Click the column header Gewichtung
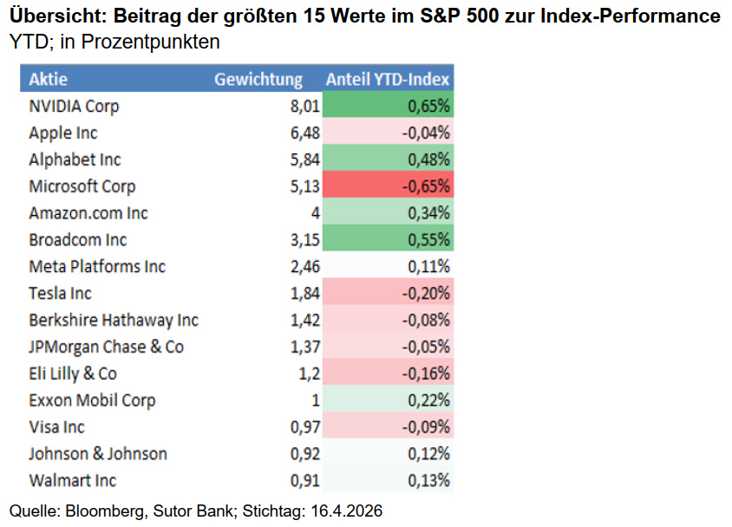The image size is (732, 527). (x=258, y=80)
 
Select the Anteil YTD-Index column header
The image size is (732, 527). (x=388, y=80)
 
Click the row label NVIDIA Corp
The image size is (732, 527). (x=74, y=107)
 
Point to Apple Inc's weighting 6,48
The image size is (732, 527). (x=305, y=133)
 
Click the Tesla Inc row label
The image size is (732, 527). (x=60, y=294)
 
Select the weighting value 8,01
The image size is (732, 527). (x=305, y=107)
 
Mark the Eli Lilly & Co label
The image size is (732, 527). (x=73, y=374)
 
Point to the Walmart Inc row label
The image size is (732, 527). (x=72, y=480)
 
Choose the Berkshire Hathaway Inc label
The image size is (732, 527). (x=114, y=321)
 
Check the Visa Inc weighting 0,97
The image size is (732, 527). (x=305, y=427)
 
